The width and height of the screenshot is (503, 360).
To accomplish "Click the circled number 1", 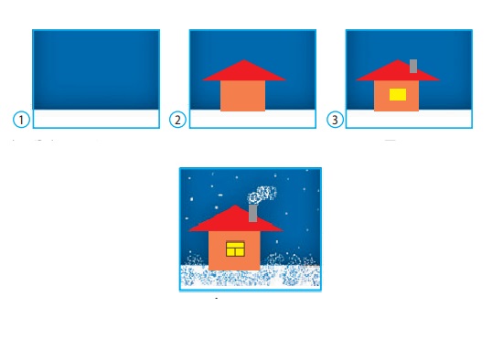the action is tap(21, 120).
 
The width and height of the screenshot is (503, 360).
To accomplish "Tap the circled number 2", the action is tap(177, 120).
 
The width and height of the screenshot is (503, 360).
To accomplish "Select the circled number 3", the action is tap(335, 120).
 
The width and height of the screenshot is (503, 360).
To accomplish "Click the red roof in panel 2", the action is tap(244, 70).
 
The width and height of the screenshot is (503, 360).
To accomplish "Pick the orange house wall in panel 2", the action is tap(243, 96).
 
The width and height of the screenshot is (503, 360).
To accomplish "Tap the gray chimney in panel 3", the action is tap(413, 66).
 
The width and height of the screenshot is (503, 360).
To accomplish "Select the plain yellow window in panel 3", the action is tap(398, 94).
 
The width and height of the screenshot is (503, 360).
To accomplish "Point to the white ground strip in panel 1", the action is tap(96, 118).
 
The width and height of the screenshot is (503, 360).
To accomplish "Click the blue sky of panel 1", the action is tap(96, 69).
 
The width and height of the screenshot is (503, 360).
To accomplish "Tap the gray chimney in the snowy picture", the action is tap(252, 213).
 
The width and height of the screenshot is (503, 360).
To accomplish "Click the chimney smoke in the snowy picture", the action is tap(262, 195).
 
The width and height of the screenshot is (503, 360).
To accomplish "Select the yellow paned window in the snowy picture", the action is tap(235, 249).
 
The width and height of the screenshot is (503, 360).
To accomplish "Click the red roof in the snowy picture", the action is tap(235, 220).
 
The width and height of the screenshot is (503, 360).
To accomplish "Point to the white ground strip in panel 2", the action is tap(252, 119).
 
